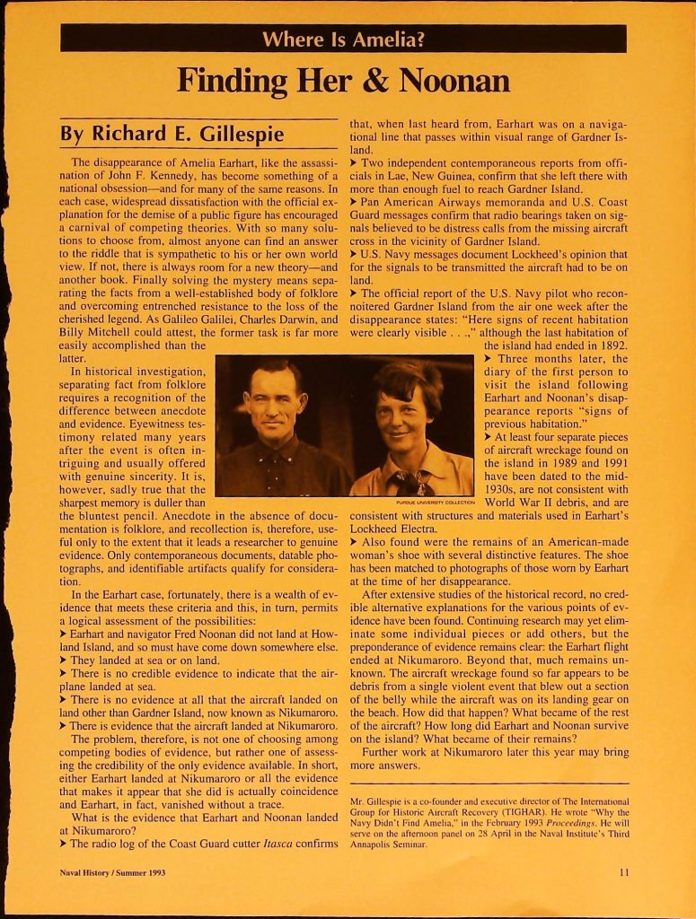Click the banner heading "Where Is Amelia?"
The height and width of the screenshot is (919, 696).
pyautogui.click(x=343, y=39)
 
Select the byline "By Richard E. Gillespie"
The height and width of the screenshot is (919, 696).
pyautogui.click(x=172, y=135)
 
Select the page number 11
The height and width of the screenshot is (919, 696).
pyautogui.click(x=623, y=871)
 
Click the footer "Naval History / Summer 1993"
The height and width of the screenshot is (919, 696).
pyautogui.click(x=112, y=871)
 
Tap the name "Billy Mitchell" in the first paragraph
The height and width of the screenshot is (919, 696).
pyautogui.click(x=100, y=333)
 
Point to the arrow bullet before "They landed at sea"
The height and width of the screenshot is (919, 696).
pyautogui.click(x=64, y=661)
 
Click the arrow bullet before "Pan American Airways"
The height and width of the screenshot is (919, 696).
pyautogui.click(x=355, y=203)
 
